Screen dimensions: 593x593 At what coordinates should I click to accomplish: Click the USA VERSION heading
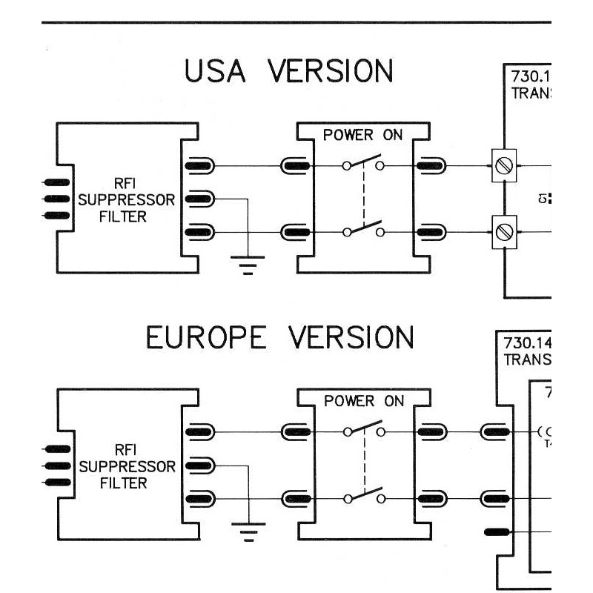tap(288, 71)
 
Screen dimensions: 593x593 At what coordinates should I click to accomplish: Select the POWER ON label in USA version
tap(362, 136)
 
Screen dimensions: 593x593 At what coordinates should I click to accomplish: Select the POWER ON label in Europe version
tap(364, 401)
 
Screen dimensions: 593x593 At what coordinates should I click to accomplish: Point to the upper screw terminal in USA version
tap(504, 165)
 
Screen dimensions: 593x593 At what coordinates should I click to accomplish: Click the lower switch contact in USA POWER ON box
tap(363, 229)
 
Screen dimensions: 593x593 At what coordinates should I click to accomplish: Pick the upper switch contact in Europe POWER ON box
tap(363, 428)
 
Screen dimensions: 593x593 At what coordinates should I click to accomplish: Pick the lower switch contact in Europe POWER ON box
tap(363, 495)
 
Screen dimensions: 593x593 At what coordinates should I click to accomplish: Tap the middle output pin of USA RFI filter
tap(198, 199)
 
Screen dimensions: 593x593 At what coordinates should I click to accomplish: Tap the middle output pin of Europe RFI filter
tap(199, 465)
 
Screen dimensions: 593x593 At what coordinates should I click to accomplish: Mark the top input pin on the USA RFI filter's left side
tap(56, 182)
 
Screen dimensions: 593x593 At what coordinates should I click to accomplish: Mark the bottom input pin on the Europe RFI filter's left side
tap(57, 482)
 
